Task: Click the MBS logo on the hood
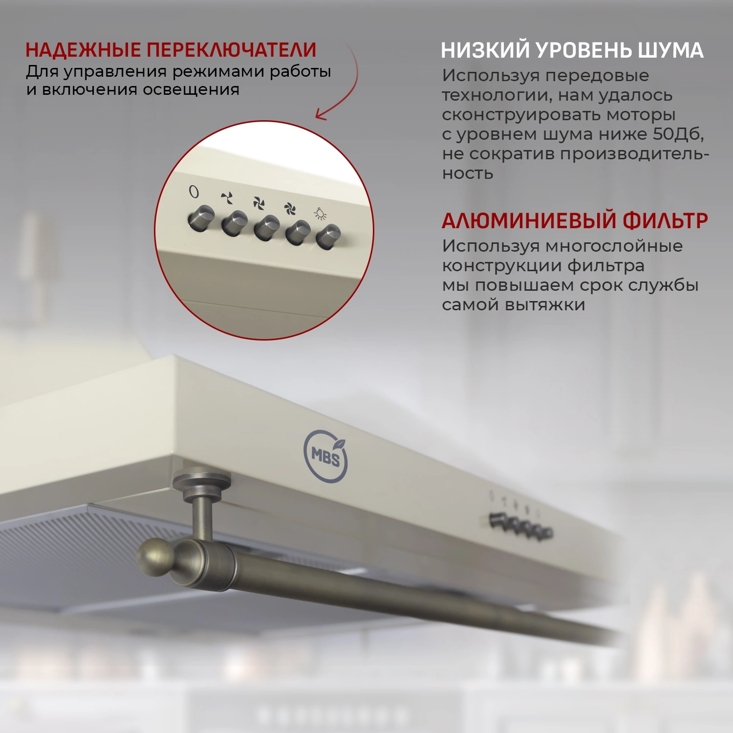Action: tap(325, 456)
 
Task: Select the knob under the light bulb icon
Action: tap(328, 237)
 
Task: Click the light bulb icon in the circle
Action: tap(321, 214)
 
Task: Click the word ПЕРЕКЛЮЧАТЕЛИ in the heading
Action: tap(232, 50)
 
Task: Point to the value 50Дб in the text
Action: tap(678, 134)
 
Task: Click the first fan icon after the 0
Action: tap(227, 198)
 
